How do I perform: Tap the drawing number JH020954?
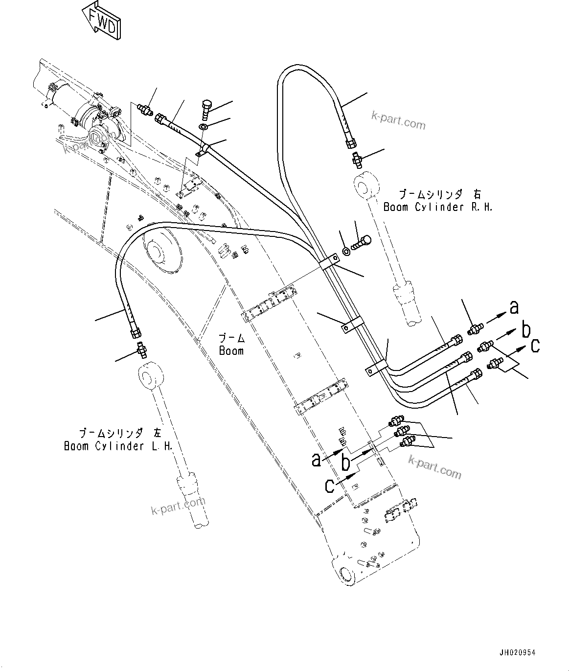[x=517, y=652]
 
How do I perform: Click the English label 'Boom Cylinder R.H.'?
[x=437, y=207]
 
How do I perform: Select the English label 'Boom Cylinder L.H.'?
[x=118, y=446]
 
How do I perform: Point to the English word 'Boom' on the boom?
[x=231, y=351]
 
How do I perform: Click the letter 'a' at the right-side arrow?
[x=514, y=307]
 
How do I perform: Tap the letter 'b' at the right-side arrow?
[x=525, y=330]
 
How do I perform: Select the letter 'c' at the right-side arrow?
[x=535, y=346]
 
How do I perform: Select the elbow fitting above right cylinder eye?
[x=356, y=159]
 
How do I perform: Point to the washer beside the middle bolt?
[x=346, y=251]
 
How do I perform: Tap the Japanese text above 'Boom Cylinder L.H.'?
[x=117, y=433]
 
